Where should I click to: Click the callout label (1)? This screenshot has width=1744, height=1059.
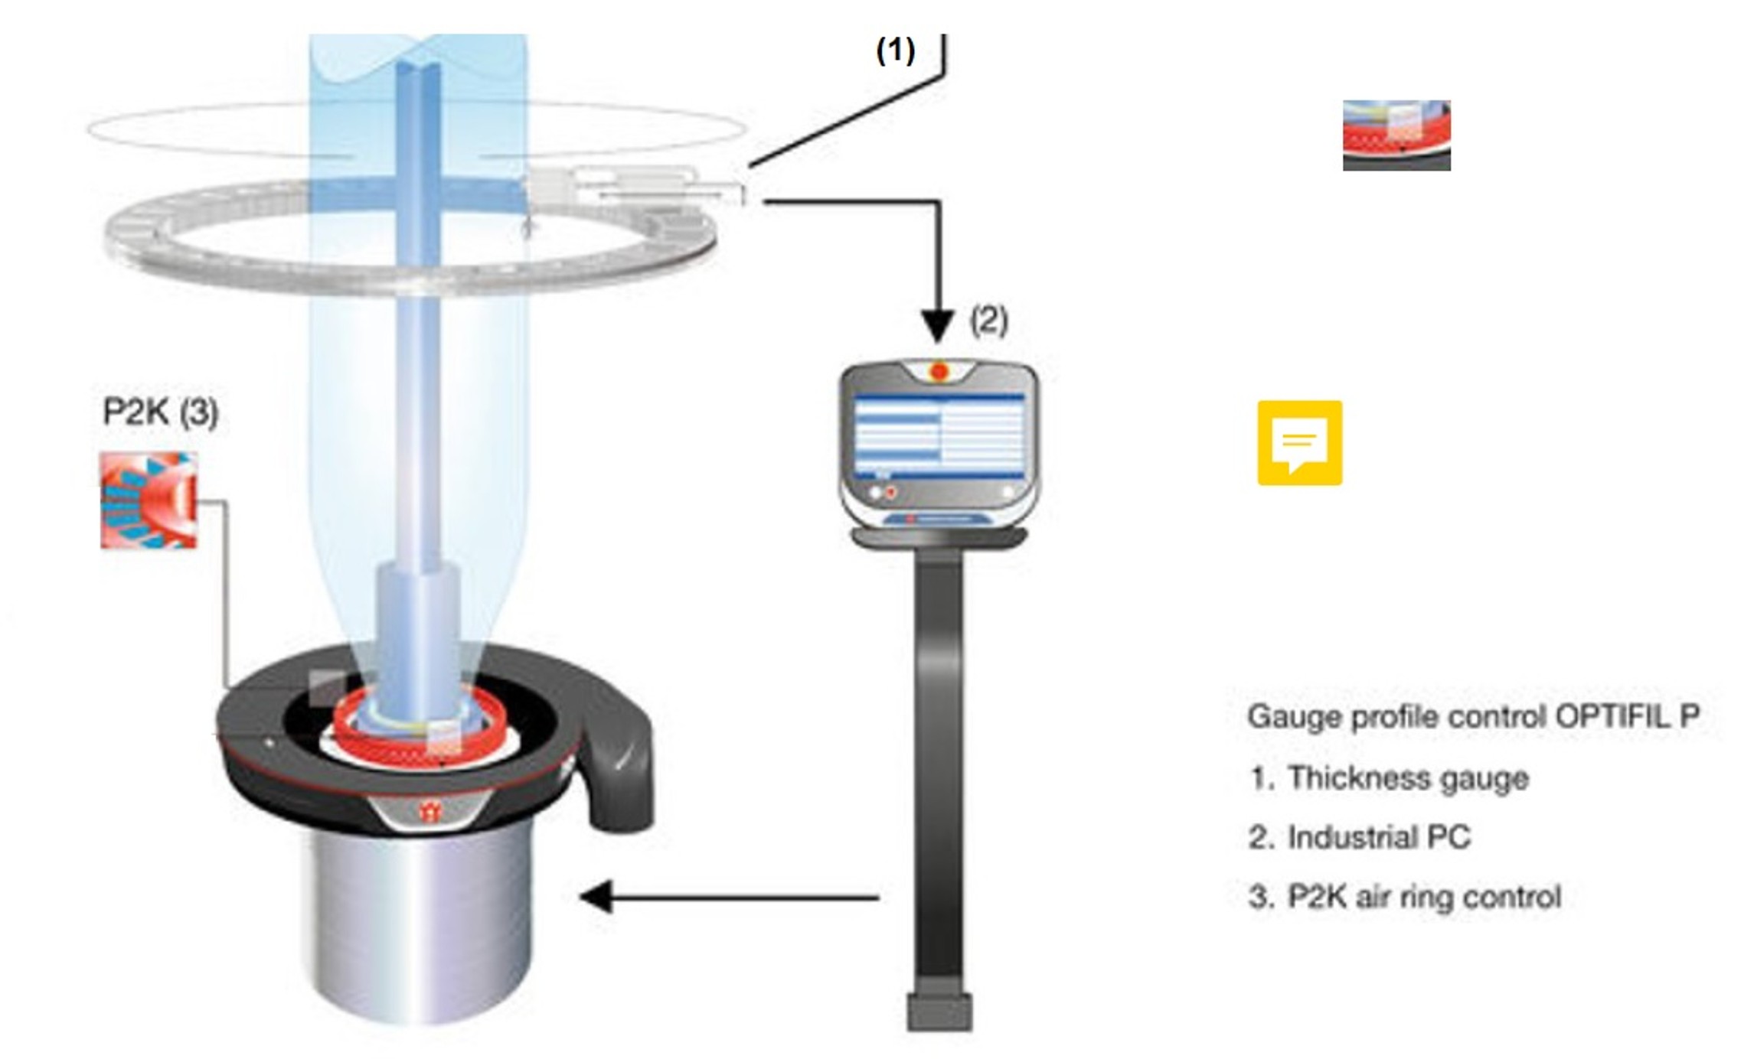(x=895, y=51)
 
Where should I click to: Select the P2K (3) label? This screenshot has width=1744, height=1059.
(x=161, y=412)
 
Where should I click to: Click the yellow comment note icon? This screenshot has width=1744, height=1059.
(x=1299, y=442)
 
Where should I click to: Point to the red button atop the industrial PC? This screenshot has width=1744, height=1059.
(x=939, y=372)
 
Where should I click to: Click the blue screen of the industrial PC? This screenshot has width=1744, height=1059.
(x=939, y=436)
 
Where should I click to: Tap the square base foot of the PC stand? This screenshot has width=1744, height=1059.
(x=939, y=1012)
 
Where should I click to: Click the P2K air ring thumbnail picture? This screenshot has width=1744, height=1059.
(x=149, y=500)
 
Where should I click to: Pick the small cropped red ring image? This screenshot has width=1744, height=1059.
(x=1396, y=135)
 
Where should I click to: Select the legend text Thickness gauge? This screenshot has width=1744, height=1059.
(x=1408, y=778)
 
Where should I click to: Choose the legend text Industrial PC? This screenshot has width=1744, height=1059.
(x=1379, y=837)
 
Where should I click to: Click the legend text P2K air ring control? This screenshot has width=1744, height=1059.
(x=1423, y=896)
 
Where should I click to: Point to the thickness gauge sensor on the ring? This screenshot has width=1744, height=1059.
(x=635, y=187)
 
